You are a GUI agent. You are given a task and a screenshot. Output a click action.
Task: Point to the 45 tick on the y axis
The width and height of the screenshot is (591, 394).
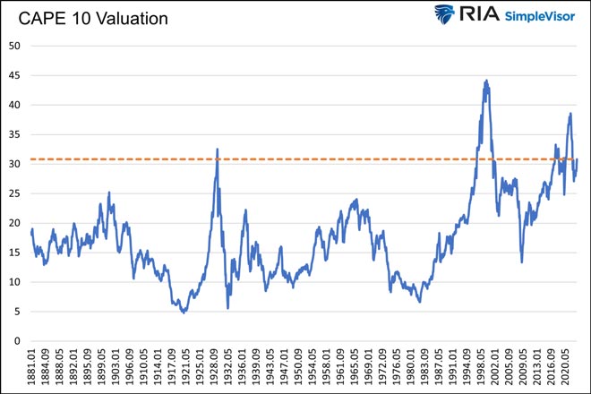click(15, 76)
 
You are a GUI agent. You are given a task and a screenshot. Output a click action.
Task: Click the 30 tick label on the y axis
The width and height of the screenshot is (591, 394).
click(15, 164)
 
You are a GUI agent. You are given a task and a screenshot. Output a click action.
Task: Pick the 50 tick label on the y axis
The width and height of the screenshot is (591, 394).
click(15, 46)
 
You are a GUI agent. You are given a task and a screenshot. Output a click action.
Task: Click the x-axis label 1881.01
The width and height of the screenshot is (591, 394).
click(33, 368)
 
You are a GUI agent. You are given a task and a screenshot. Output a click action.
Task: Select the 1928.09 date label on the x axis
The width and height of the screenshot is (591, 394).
click(216, 368)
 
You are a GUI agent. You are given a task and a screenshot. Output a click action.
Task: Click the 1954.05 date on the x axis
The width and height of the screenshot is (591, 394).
click(313, 368)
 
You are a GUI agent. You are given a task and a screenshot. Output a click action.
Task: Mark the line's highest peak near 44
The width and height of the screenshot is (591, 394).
click(486, 81)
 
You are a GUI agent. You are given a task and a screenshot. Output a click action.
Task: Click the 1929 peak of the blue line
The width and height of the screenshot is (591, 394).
click(217, 150)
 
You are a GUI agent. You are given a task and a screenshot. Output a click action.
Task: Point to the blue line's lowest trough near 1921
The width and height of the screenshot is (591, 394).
click(184, 313)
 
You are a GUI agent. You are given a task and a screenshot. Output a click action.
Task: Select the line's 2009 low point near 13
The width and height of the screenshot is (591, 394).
click(522, 261)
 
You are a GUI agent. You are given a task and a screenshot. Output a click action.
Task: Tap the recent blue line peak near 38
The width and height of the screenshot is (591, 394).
click(570, 114)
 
